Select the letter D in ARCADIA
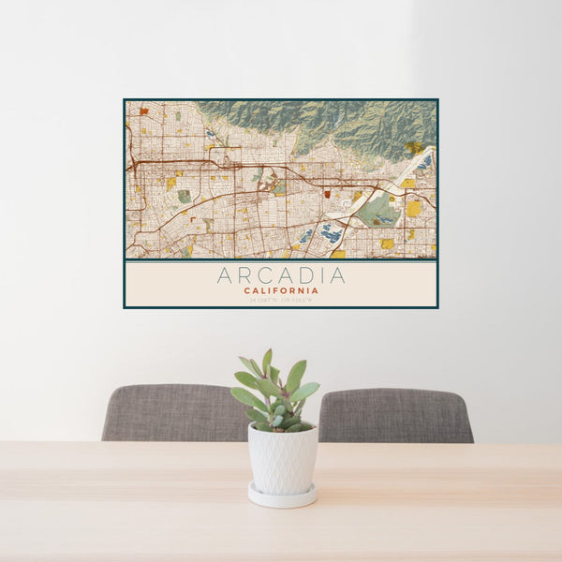point(306,275)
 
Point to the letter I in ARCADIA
point(321,275)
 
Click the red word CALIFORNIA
point(281,290)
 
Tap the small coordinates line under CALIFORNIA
point(281,301)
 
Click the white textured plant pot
point(282,458)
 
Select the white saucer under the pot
point(282,495)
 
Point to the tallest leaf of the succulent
point(267,360)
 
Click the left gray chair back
point(173,412)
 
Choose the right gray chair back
point(396,415)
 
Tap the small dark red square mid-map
point(327,194)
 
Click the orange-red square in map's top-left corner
point(143,111)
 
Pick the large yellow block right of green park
point(413,208)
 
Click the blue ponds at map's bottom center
point(330,234)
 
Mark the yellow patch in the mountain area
point(413,147)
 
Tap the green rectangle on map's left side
point(185,197)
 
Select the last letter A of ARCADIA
point(337,275)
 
